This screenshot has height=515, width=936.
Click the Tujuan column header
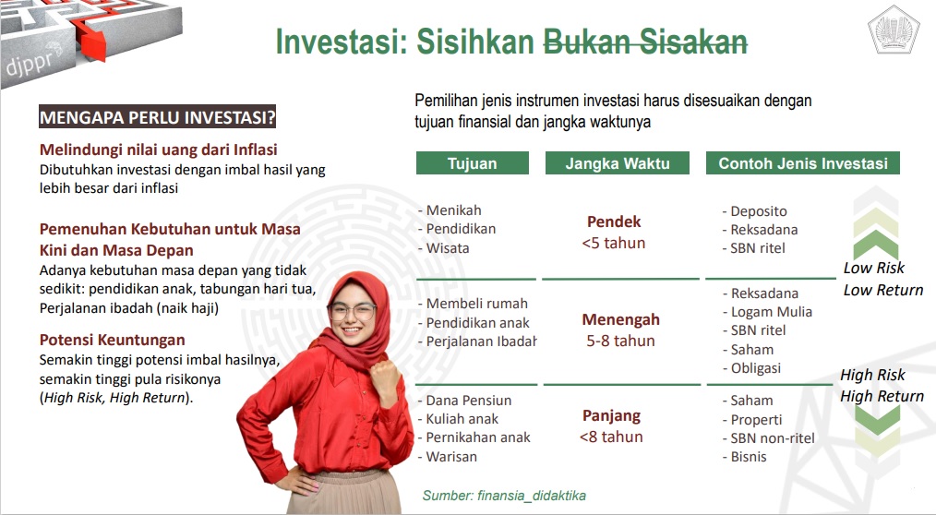coord(473,163)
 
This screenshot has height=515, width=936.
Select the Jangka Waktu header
coord(618,163)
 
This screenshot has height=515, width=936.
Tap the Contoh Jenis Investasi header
coord(803,163)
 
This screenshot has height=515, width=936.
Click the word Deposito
coord(759,211)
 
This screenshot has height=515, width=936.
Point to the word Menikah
coord(453,210)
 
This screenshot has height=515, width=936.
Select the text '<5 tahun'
coord(614,243)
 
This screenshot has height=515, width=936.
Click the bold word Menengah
coord(621,320)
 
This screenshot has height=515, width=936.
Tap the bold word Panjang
coord(611,416)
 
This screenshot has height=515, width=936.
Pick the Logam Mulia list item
coord(772,312)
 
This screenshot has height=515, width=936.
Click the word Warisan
coord(451,457)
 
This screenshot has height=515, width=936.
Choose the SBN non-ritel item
coord(773,438)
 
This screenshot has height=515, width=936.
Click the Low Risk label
coord(874,268)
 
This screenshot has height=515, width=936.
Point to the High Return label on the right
coord(882,396)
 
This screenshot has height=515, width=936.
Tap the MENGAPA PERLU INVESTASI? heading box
coord(158,117)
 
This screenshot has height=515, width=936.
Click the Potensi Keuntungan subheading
coord(113,341)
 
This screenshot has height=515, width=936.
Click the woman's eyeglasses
coord(352,311)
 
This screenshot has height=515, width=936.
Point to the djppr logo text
coord(33,62)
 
